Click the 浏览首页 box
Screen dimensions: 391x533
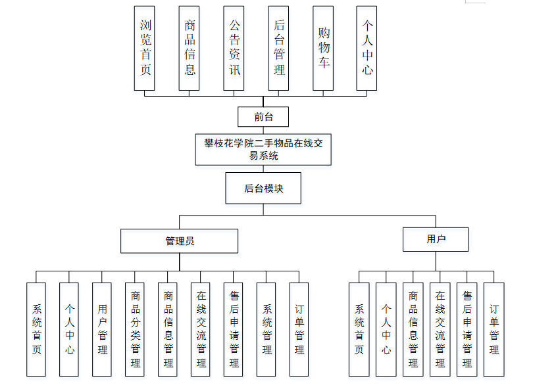point(145,48)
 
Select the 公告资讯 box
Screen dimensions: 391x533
point(234,48)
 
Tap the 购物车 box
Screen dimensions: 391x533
point(324,48)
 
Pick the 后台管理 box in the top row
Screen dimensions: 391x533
point(279,48)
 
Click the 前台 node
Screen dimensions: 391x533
point(263,117)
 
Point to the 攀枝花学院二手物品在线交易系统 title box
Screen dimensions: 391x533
point(263,149)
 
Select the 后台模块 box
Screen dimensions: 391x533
point(263,188)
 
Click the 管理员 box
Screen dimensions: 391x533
point(179,241)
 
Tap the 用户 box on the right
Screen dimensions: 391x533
point(436,239)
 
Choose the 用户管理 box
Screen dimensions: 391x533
point(102,329)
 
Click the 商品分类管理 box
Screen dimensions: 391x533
point(135,329)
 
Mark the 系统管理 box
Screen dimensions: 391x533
point(266,329)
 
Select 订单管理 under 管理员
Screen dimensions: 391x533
point(299,329)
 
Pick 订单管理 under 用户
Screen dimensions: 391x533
point(494,329)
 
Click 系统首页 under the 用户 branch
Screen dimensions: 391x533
point(359,329)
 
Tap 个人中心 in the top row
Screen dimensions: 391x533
point(367,48)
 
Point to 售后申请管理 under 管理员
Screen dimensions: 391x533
point(234,329)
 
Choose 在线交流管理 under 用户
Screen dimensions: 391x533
point(440,329)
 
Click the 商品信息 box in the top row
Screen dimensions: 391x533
point(190,48)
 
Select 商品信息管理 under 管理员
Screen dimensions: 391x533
point(168,329)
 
